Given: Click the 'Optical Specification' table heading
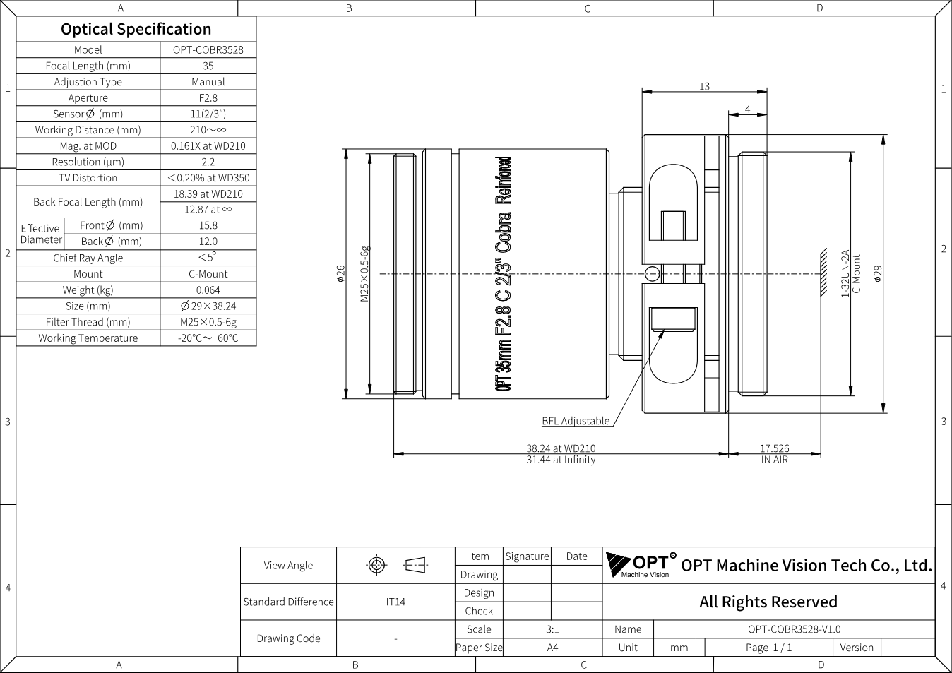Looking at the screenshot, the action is [136, 30].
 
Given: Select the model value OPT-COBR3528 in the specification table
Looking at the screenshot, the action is [208, 49].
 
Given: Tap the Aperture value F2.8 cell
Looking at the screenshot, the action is [208, 97].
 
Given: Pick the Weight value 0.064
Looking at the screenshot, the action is [208, 290].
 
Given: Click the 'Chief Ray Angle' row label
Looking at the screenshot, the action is [88, 258].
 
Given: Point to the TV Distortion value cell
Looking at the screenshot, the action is [208, 178].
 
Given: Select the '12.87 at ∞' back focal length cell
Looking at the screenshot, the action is [208, 210].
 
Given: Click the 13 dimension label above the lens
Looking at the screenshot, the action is [704, 86].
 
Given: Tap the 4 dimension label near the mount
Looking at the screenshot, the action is [748, 109].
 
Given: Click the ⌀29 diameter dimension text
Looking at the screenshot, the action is [878, 274].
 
